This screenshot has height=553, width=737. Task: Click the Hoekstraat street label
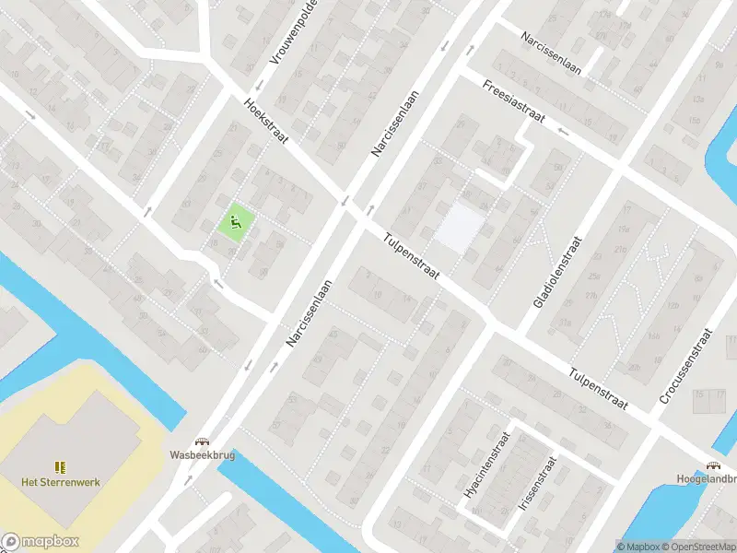coord(267,122)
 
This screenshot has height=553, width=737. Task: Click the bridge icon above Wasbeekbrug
coord(201,441)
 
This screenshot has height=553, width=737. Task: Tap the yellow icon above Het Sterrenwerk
coord(60,467)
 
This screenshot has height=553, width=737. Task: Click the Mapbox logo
coord(41,541)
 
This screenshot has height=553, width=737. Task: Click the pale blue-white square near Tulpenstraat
coord(459,227)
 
